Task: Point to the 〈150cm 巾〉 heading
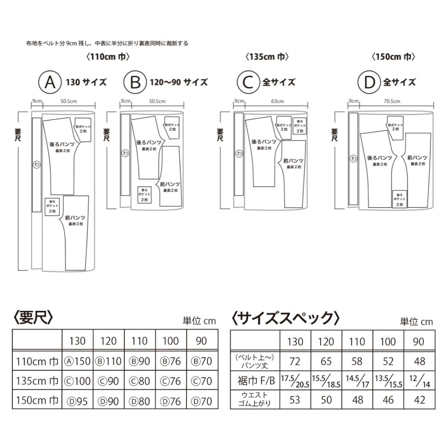394,57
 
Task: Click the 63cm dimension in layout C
277,101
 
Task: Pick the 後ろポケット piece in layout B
144,194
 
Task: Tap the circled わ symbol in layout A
36,164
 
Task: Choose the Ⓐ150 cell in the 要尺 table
77,361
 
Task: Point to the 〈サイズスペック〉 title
285,318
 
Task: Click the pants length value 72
295,361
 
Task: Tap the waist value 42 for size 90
419,399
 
